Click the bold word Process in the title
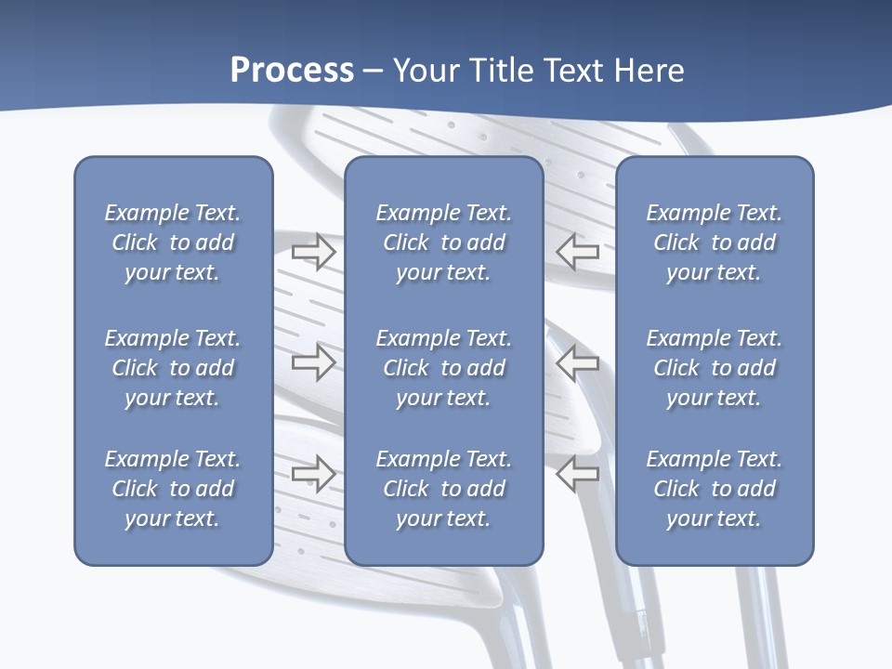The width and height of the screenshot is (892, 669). pos(292,71)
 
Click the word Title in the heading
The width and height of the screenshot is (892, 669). pos(502,71)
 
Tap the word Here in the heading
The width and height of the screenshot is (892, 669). pos(649,71)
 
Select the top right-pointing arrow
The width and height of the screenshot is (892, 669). pos(313,251)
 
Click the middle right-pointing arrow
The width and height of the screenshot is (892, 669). pos(313,362)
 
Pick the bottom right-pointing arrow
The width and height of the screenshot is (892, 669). pos(313,474)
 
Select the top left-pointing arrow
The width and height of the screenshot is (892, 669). pos(578,251)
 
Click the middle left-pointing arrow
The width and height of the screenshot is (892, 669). pos(578,362)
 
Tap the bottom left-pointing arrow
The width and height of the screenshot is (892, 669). pos(578,474)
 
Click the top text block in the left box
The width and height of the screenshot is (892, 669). pos(173,243)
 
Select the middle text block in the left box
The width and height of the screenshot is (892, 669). pos(173,368)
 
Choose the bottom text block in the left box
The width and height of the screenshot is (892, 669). pos(173,489)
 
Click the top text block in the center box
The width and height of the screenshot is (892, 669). pos(443,243)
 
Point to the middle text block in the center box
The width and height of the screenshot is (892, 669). pos(443,368)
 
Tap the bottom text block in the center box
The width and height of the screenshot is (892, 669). pos(443,489)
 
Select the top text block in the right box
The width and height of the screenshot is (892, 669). pos(714,243)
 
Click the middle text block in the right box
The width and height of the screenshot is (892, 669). pos(714,368)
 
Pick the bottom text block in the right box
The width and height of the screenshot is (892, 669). pos(714,489)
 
